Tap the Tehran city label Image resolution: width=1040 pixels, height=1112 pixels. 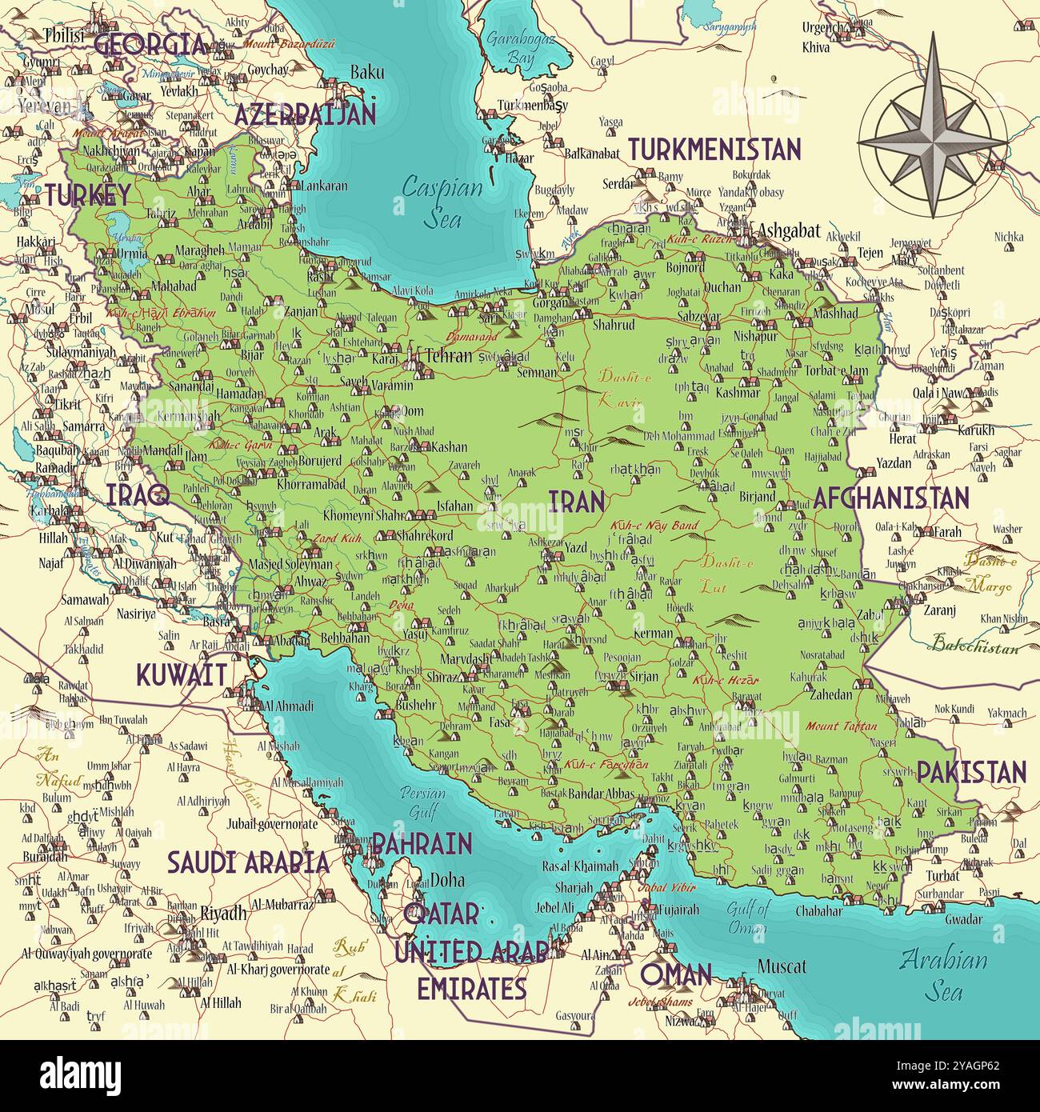(x=448, y=356)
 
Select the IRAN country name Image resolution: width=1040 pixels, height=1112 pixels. (x=576, y=502)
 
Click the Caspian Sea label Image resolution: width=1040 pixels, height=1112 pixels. (x=442, y=202)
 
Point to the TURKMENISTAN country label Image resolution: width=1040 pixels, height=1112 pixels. (x=714, y=150)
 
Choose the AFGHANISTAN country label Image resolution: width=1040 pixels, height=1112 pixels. (x=890, y=498)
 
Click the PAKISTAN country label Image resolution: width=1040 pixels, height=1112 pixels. (x=970, y=772)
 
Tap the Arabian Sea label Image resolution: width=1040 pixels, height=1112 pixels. (x=942, y=975)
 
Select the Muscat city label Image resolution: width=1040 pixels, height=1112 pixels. (x=782, y=966)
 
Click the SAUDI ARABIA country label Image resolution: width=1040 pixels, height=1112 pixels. (x=248, y=862)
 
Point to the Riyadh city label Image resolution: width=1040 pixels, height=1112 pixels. (x=223, y=914)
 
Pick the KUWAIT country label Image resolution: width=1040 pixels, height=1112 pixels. (x=181, y=675)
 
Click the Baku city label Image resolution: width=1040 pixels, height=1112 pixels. (x=366, y=72)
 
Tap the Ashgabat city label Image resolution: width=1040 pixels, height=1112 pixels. (x=789, y=231)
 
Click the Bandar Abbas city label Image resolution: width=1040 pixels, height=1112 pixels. (x=600, y=795)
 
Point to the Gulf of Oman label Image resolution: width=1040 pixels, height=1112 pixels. (x=747, y=918)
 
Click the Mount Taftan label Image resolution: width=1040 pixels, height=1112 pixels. (x=841, y=726)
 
